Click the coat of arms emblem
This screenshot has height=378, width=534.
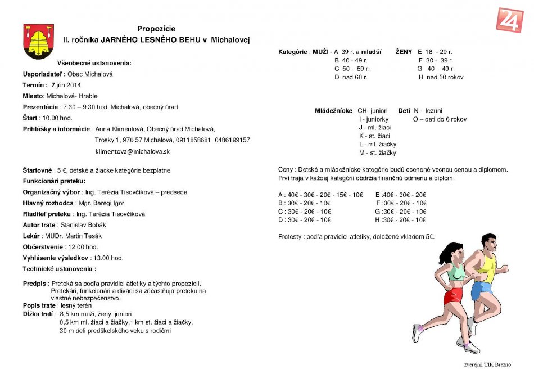pyautogui.click(x=38, y=41)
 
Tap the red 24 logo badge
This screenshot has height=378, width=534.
pyautogui.click(x=510, y=20)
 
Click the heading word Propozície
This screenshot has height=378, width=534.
pyautogui.click(x=156, y=29)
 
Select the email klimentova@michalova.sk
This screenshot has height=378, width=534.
pyautogui.click(x=133, y=151)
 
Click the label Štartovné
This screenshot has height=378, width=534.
pyautogui.click(x=38, y=170)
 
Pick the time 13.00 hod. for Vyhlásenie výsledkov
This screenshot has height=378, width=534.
pyautogui.click(x=108, y=258)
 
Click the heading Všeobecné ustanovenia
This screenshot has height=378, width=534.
pyautogui.click(x=94, y=63)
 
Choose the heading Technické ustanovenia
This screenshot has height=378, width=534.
pyautogui.click(x=56, y=269)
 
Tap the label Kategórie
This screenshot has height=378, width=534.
pyautogui.click(x=293, y=52)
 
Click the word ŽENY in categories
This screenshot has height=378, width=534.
pyautogui.click(x=404, y=52)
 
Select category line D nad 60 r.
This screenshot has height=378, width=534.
pyautogui.click(x=351, y=77)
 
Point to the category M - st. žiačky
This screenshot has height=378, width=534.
pyautogui.click(x=377, y=152)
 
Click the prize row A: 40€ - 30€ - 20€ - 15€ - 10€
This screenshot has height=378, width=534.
pyautogui.click(x=320, y=195)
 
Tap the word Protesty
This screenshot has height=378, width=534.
pyautogui.click(x=291, y=237)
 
